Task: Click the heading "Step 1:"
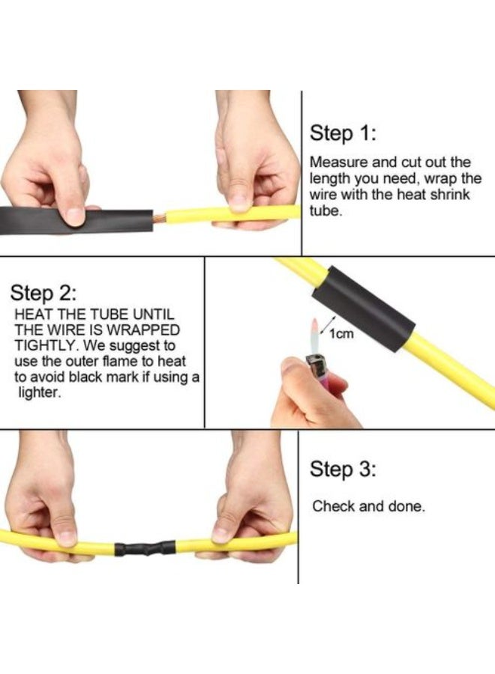pos(343,134)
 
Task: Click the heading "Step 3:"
pos(343,470)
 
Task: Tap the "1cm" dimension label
pos(342,334)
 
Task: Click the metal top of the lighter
pos(315,366)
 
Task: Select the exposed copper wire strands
pos(158,219)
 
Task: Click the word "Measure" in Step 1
pos(335,162)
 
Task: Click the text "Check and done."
pos(368,506)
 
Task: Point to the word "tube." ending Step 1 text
pos(324,211)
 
